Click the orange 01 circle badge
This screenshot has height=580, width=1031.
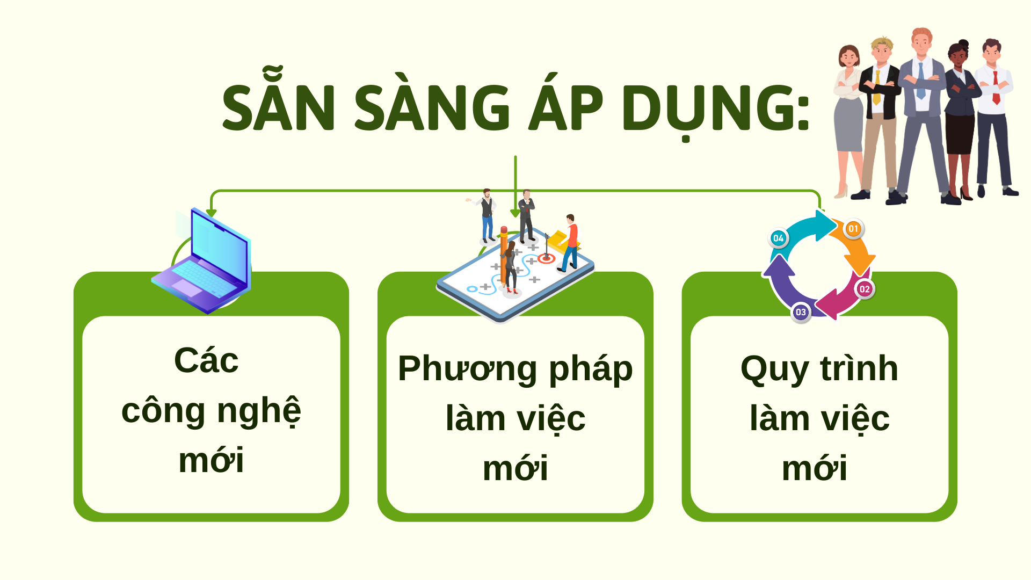[853, 229]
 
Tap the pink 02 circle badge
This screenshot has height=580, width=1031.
[865, 289]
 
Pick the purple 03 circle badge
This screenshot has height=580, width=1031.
[801, 312]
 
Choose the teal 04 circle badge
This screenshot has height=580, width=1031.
[778, 238]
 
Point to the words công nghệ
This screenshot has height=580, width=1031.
[211, 411]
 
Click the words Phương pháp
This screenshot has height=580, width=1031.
[515, 369]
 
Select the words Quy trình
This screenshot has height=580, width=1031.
[819, 369]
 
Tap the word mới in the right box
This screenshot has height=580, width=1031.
[815, 468]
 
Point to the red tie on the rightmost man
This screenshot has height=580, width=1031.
[996, 87]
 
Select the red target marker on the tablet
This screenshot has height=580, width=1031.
[546, 259]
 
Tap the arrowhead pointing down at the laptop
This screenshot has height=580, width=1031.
[212, 213]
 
